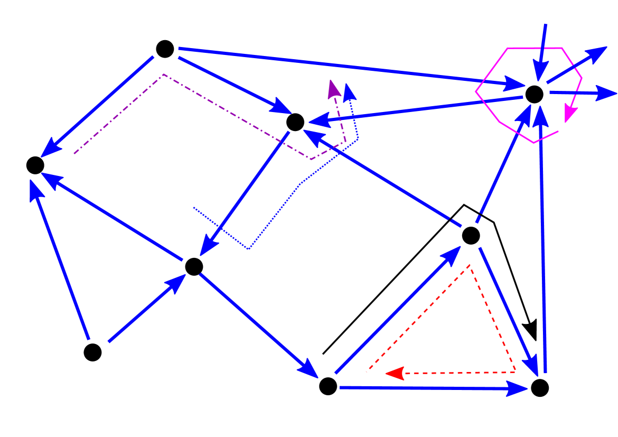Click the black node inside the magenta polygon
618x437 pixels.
pyautogui.click(x=534, y=95)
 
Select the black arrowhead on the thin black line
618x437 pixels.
pyautogui.click(x=531, y=331)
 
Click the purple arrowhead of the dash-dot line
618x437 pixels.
pyautogui.click(x=333, y=89)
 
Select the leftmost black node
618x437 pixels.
pyautogui.click(x=35, y=165)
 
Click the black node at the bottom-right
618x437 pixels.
pyautogui.click(x=539, y=388)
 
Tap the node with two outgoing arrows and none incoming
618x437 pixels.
pyautogui.click(x=92, y=352)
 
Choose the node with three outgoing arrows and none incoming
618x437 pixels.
pyautogui.click(x=165, y=49)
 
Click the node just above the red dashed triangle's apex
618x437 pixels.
pyautogui.click(x=470, y=235)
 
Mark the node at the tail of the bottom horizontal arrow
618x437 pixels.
pyautogui.click(x=328, y=386)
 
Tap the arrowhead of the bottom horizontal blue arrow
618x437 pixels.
pyautogui.click(x=518, y=389)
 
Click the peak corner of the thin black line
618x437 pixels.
pyautogui.click(x=464, y=204)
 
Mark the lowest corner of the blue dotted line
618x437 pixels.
pyautogui.click(x=248, y=249)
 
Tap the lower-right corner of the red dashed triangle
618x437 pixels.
pyautogui.click(x=515, y=372)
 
